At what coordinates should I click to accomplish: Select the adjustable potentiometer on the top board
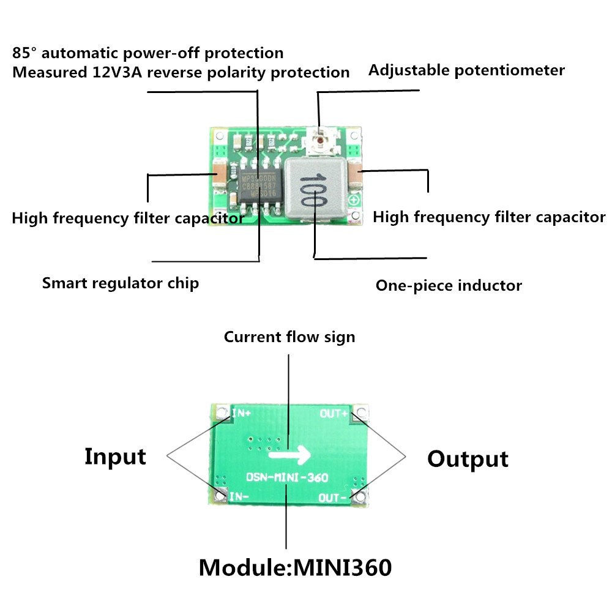click(319, 140)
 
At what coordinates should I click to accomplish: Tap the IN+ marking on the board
click(240, 414)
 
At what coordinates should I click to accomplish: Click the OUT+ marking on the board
click(334, 414)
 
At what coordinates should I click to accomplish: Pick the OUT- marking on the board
click(334, 498)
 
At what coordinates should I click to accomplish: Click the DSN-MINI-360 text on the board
click(288, 477)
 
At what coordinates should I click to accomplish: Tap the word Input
click(115, 457)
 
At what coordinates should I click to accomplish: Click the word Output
click(468, 459)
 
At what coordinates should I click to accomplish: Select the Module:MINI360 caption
click(295, 567)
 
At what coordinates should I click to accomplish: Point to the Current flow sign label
click(289, 337)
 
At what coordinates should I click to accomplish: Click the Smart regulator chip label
click(120, 283)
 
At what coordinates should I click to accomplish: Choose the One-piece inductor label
click(449, 285)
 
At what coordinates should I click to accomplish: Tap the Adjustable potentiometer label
click(466, 70)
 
